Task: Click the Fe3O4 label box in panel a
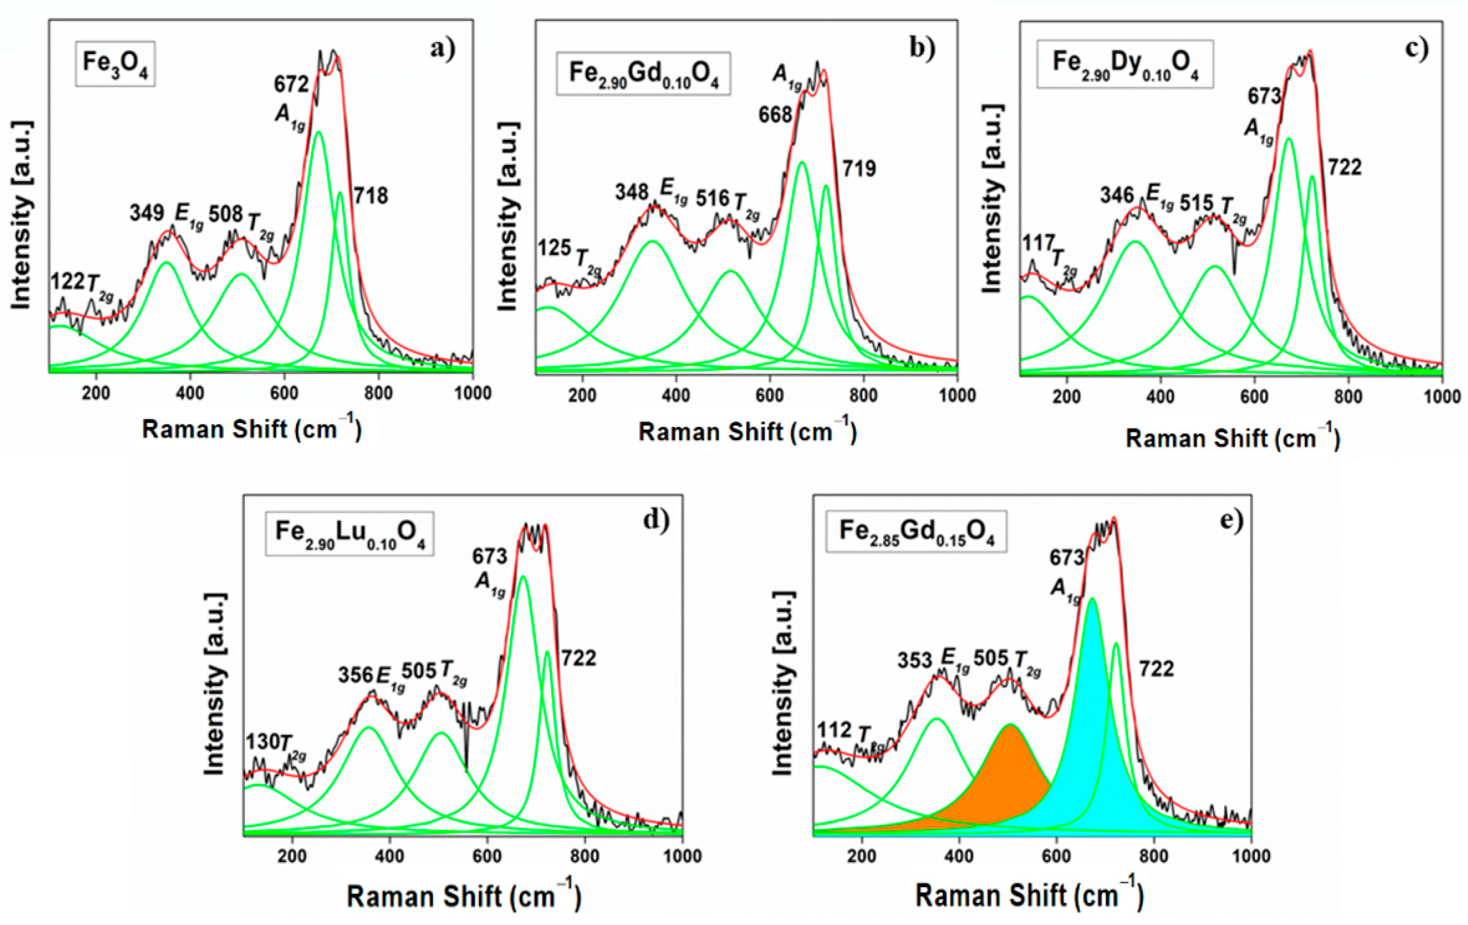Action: (115, 63)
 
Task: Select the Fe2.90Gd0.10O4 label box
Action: (643, 72)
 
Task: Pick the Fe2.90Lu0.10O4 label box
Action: (349, 533)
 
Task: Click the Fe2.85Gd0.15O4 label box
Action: (916, 531)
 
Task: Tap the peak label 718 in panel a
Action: (371, 195)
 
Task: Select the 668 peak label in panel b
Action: (775, 114)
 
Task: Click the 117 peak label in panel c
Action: (1037, 243)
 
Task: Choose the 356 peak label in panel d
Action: (355, 675)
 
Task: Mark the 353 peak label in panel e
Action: (915, 660)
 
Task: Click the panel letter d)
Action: (656, 519)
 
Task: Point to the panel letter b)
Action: (922, 47)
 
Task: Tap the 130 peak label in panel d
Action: (262, 742)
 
